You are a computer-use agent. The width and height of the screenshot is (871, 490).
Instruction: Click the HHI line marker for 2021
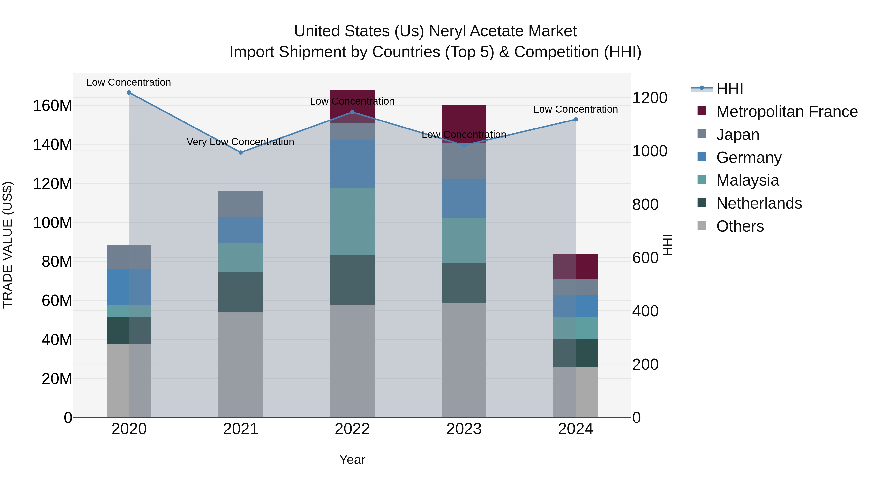coord(241,152)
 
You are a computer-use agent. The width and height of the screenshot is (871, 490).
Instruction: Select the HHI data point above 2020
coord(129,93)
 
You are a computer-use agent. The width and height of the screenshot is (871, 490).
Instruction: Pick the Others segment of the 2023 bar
coord(464,360)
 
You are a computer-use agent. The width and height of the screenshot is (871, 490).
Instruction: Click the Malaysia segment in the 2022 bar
coord(352,221)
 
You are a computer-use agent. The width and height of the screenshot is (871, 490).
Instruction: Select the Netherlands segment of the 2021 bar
coord(241,292)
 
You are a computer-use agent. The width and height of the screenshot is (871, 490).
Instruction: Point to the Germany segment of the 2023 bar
coord(464,198)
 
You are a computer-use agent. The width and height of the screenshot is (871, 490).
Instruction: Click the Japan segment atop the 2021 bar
coord(241,204)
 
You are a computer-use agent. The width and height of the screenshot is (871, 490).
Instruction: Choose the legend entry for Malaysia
coord(747,180)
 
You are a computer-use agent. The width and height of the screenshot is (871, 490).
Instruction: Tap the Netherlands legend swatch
coord(702,203)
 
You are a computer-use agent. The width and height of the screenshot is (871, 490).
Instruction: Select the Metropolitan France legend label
coord(787,112)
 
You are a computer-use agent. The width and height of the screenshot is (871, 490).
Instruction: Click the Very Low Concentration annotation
coord(240,142)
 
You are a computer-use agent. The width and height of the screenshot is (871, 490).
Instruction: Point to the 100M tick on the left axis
coord(53,223)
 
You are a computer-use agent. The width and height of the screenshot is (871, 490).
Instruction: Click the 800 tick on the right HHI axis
coord(645,204)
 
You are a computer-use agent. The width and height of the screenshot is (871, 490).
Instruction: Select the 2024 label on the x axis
coord(576,429)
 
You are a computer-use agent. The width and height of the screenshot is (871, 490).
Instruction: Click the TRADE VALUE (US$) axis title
coord(8,245)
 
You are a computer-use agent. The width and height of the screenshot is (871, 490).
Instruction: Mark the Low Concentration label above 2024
coord(576,109)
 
